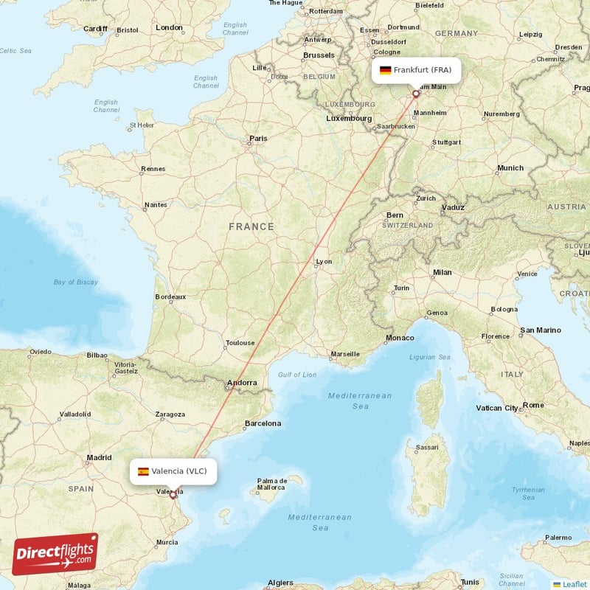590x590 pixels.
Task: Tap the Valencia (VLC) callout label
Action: [x=173, y=471]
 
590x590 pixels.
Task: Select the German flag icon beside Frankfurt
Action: [x=385, y=71]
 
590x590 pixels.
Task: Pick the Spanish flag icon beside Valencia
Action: [x=143, y=471]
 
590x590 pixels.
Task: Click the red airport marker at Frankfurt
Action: [x=415, y=94]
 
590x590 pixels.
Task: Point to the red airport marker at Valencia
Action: [x=173, y=495]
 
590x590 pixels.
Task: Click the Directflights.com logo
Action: [x=55, y=554]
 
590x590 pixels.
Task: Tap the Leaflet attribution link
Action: [x=575, y=584]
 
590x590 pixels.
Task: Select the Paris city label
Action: [x=258, y=138]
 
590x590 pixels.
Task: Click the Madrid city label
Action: [x=99, y=457]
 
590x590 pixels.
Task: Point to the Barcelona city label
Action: [x=263, y=423]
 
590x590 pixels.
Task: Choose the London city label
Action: [x=169, y=27]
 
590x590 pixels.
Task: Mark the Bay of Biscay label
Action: [x=76, y=282]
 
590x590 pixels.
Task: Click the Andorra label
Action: [x=242, y=383]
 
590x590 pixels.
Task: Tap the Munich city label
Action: [x=510, y=168]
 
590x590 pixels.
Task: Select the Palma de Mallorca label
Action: [x=271, y=484]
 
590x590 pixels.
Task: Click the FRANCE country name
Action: [x=251, y=227]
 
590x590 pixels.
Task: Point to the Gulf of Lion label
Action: [x=297, y=375]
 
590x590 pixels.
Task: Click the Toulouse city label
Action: [x=240, y=343]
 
